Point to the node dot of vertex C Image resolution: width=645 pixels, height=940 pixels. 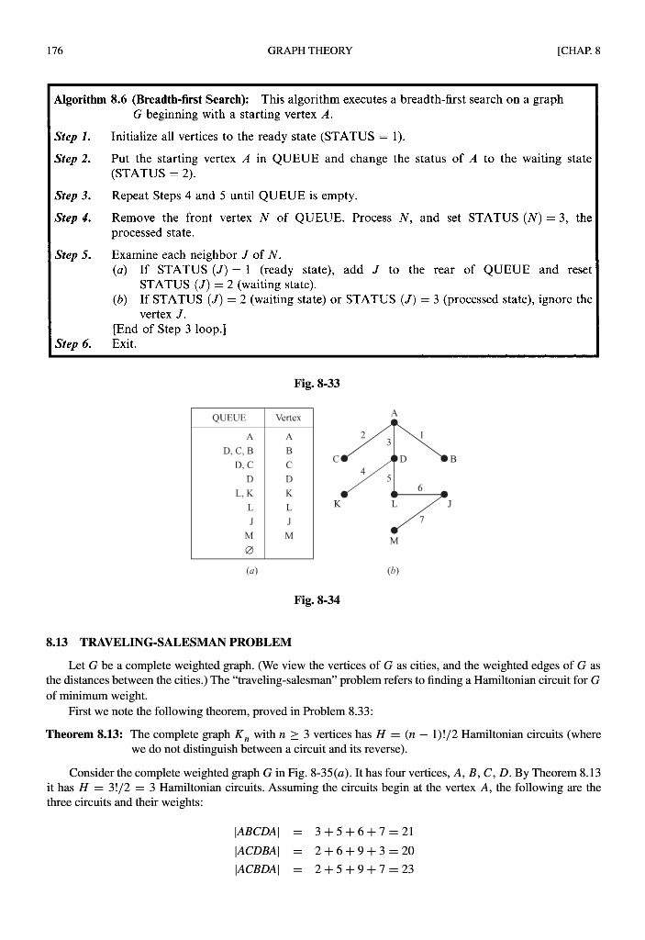344,457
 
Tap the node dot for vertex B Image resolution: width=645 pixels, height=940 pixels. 444,457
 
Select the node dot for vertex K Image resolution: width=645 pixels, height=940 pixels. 344,493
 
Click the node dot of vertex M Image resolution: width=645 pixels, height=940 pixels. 395,530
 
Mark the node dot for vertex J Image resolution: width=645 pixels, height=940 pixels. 444,493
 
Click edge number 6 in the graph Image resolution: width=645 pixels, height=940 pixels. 420,487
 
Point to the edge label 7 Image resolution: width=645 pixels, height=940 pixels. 421,520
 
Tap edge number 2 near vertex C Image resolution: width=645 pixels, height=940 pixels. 363,433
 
